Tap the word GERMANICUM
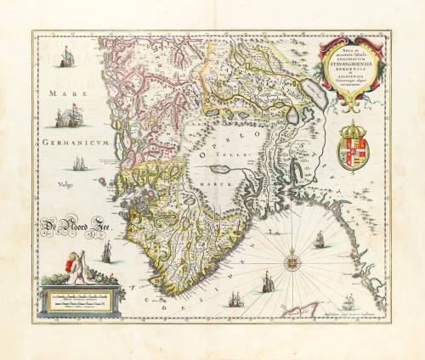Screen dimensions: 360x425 (74, 144)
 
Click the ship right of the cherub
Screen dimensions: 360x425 (107, 250)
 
